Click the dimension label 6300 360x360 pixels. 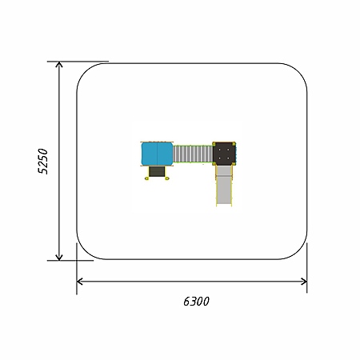pyautogui.click(x=196, y=302)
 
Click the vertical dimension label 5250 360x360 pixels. pyautogui.click(x=43, y=162)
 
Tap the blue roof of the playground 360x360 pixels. pyautogui.click(x=157, y=154)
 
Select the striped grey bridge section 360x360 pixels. pyautogui.click(x=193, y=154)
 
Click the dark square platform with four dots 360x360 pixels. pyautogui.click(x=224, y=154)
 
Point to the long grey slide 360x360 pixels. pyautogui.click(x=224, y=186)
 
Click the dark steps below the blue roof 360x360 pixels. pyautogui.click(x=157, y=171)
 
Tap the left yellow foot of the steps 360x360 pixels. pyautogui.click(x=146, y=178)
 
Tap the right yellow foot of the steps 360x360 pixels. pyautogui.click(x=167, y=178)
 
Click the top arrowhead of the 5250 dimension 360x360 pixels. pyautogui.click(x=59, y=64)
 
